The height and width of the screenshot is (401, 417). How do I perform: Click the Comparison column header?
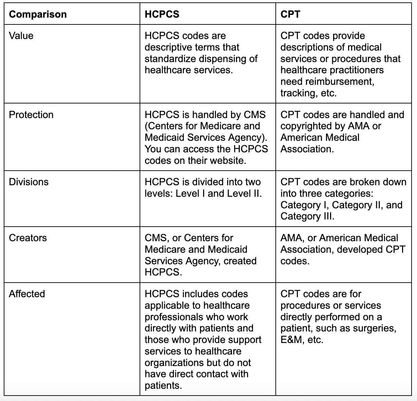coord(38,14)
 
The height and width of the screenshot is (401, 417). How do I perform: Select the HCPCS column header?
coord(162,14)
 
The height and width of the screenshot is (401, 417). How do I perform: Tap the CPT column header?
coord(290,14)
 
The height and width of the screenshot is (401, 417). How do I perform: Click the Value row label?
coord(21,36)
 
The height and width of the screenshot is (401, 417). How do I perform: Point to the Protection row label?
coord(31,115)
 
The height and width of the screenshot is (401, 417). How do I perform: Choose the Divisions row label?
coord(29,182)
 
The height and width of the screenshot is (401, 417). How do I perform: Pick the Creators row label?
coord(28,238)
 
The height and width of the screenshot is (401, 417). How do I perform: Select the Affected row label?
coord(27,293)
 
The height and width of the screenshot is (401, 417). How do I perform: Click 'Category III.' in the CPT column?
coord(307,216)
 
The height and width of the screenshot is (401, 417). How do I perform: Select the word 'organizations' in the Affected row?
coord(175,363)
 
